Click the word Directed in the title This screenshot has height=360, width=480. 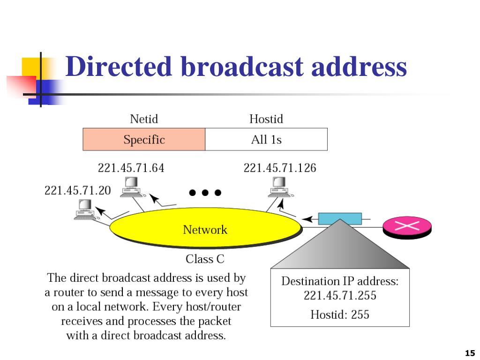click(119, 66)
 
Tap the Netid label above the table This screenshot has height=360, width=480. click(144, 119)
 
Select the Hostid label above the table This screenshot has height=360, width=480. click(266, 119)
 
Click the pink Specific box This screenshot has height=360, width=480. click(144, 139)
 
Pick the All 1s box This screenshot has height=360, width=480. click(266, 139)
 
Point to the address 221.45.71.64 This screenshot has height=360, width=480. click(131, 168)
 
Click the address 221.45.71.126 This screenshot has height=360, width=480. click(280, 168)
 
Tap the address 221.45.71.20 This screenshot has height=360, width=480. click(77, 190)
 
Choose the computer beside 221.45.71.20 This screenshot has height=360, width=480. click(86, 210)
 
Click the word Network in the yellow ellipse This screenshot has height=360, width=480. click(205, 230)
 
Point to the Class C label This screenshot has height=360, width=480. click(205, 259)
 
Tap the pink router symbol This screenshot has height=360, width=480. click(407, 227)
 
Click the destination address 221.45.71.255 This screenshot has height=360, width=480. click(340, 295)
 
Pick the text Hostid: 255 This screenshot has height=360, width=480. click(340, 315)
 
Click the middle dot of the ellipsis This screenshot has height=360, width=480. click(205, 193)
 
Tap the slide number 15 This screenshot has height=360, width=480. click(470, 353)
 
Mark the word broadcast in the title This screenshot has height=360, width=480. click(242, 66)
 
